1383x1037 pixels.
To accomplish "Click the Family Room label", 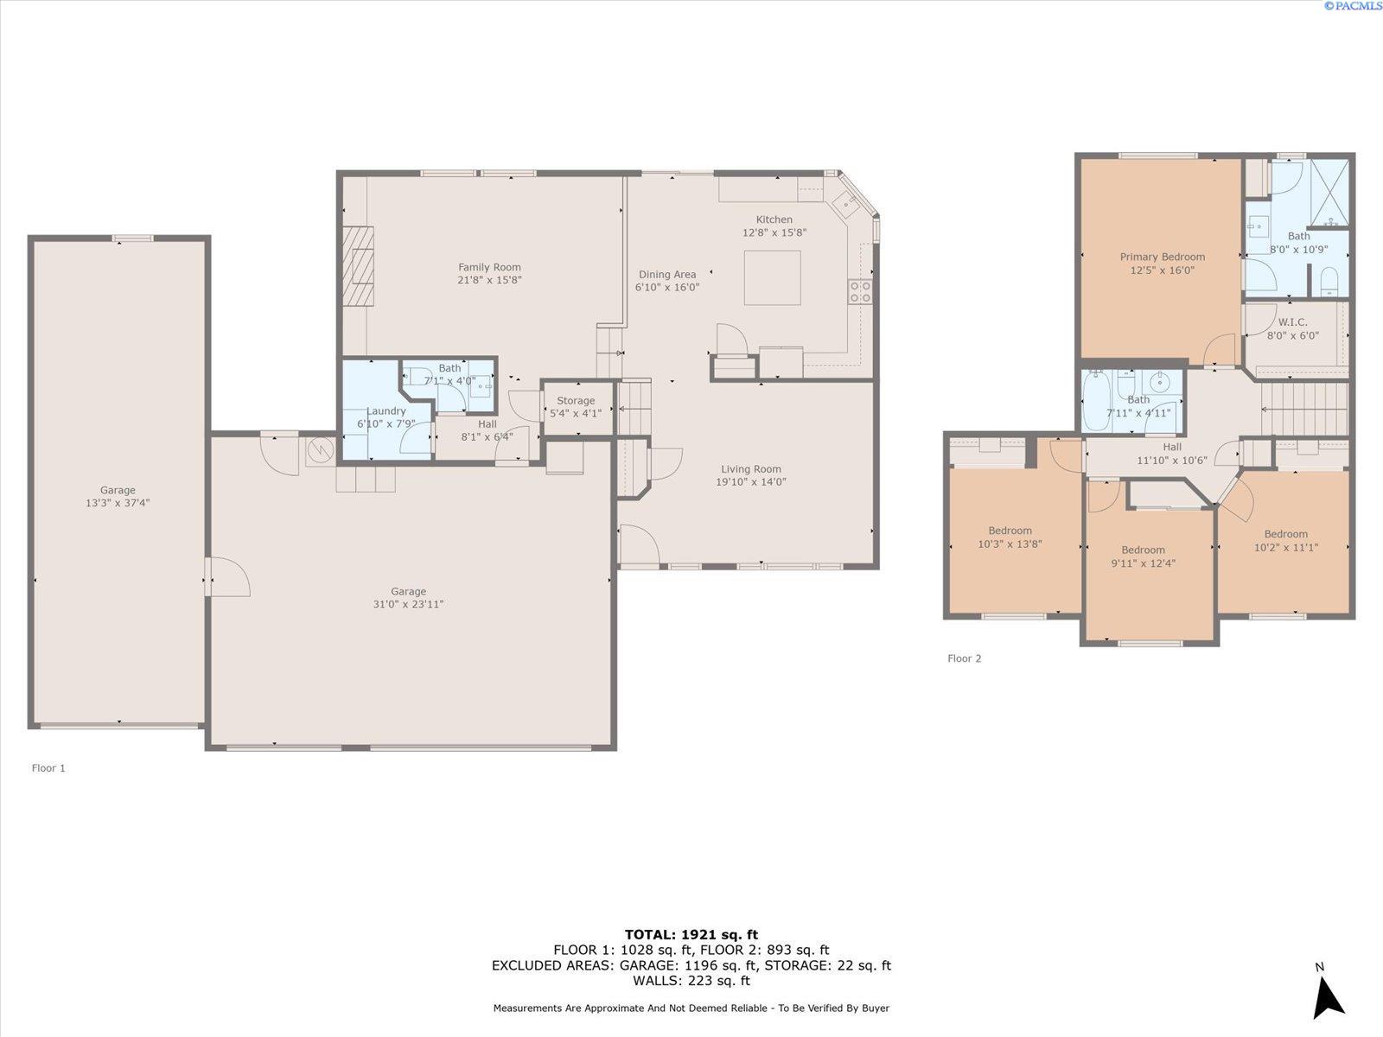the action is pos(489,267).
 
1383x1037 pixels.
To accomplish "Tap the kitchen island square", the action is pos(772,277).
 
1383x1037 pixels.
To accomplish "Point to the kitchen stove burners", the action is pos(860,291).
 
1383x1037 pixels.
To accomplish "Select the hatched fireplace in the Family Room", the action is pos(358,266).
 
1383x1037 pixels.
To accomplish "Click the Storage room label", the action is pos(576,400).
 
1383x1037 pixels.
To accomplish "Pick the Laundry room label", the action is pos(386,411).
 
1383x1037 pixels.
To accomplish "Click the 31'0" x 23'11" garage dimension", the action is pos(408,604).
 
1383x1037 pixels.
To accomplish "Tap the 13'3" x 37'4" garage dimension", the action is pos(118,503).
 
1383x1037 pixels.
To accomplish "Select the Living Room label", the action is pos(751,469).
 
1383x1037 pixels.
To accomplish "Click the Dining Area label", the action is pos(667,275).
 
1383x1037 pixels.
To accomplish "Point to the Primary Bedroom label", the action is pos(1163,257).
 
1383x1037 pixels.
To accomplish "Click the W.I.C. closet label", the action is pos(1293,322).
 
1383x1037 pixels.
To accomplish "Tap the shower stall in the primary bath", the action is pos(1329,192).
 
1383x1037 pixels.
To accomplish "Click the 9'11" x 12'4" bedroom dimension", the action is pos(1143,563).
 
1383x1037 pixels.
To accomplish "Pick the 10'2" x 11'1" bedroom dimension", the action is pos(1285,548).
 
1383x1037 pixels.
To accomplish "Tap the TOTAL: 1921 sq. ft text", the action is pos(691,935).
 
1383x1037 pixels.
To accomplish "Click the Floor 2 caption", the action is pos(964,658).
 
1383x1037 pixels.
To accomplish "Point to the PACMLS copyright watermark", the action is pos(1352,6).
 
